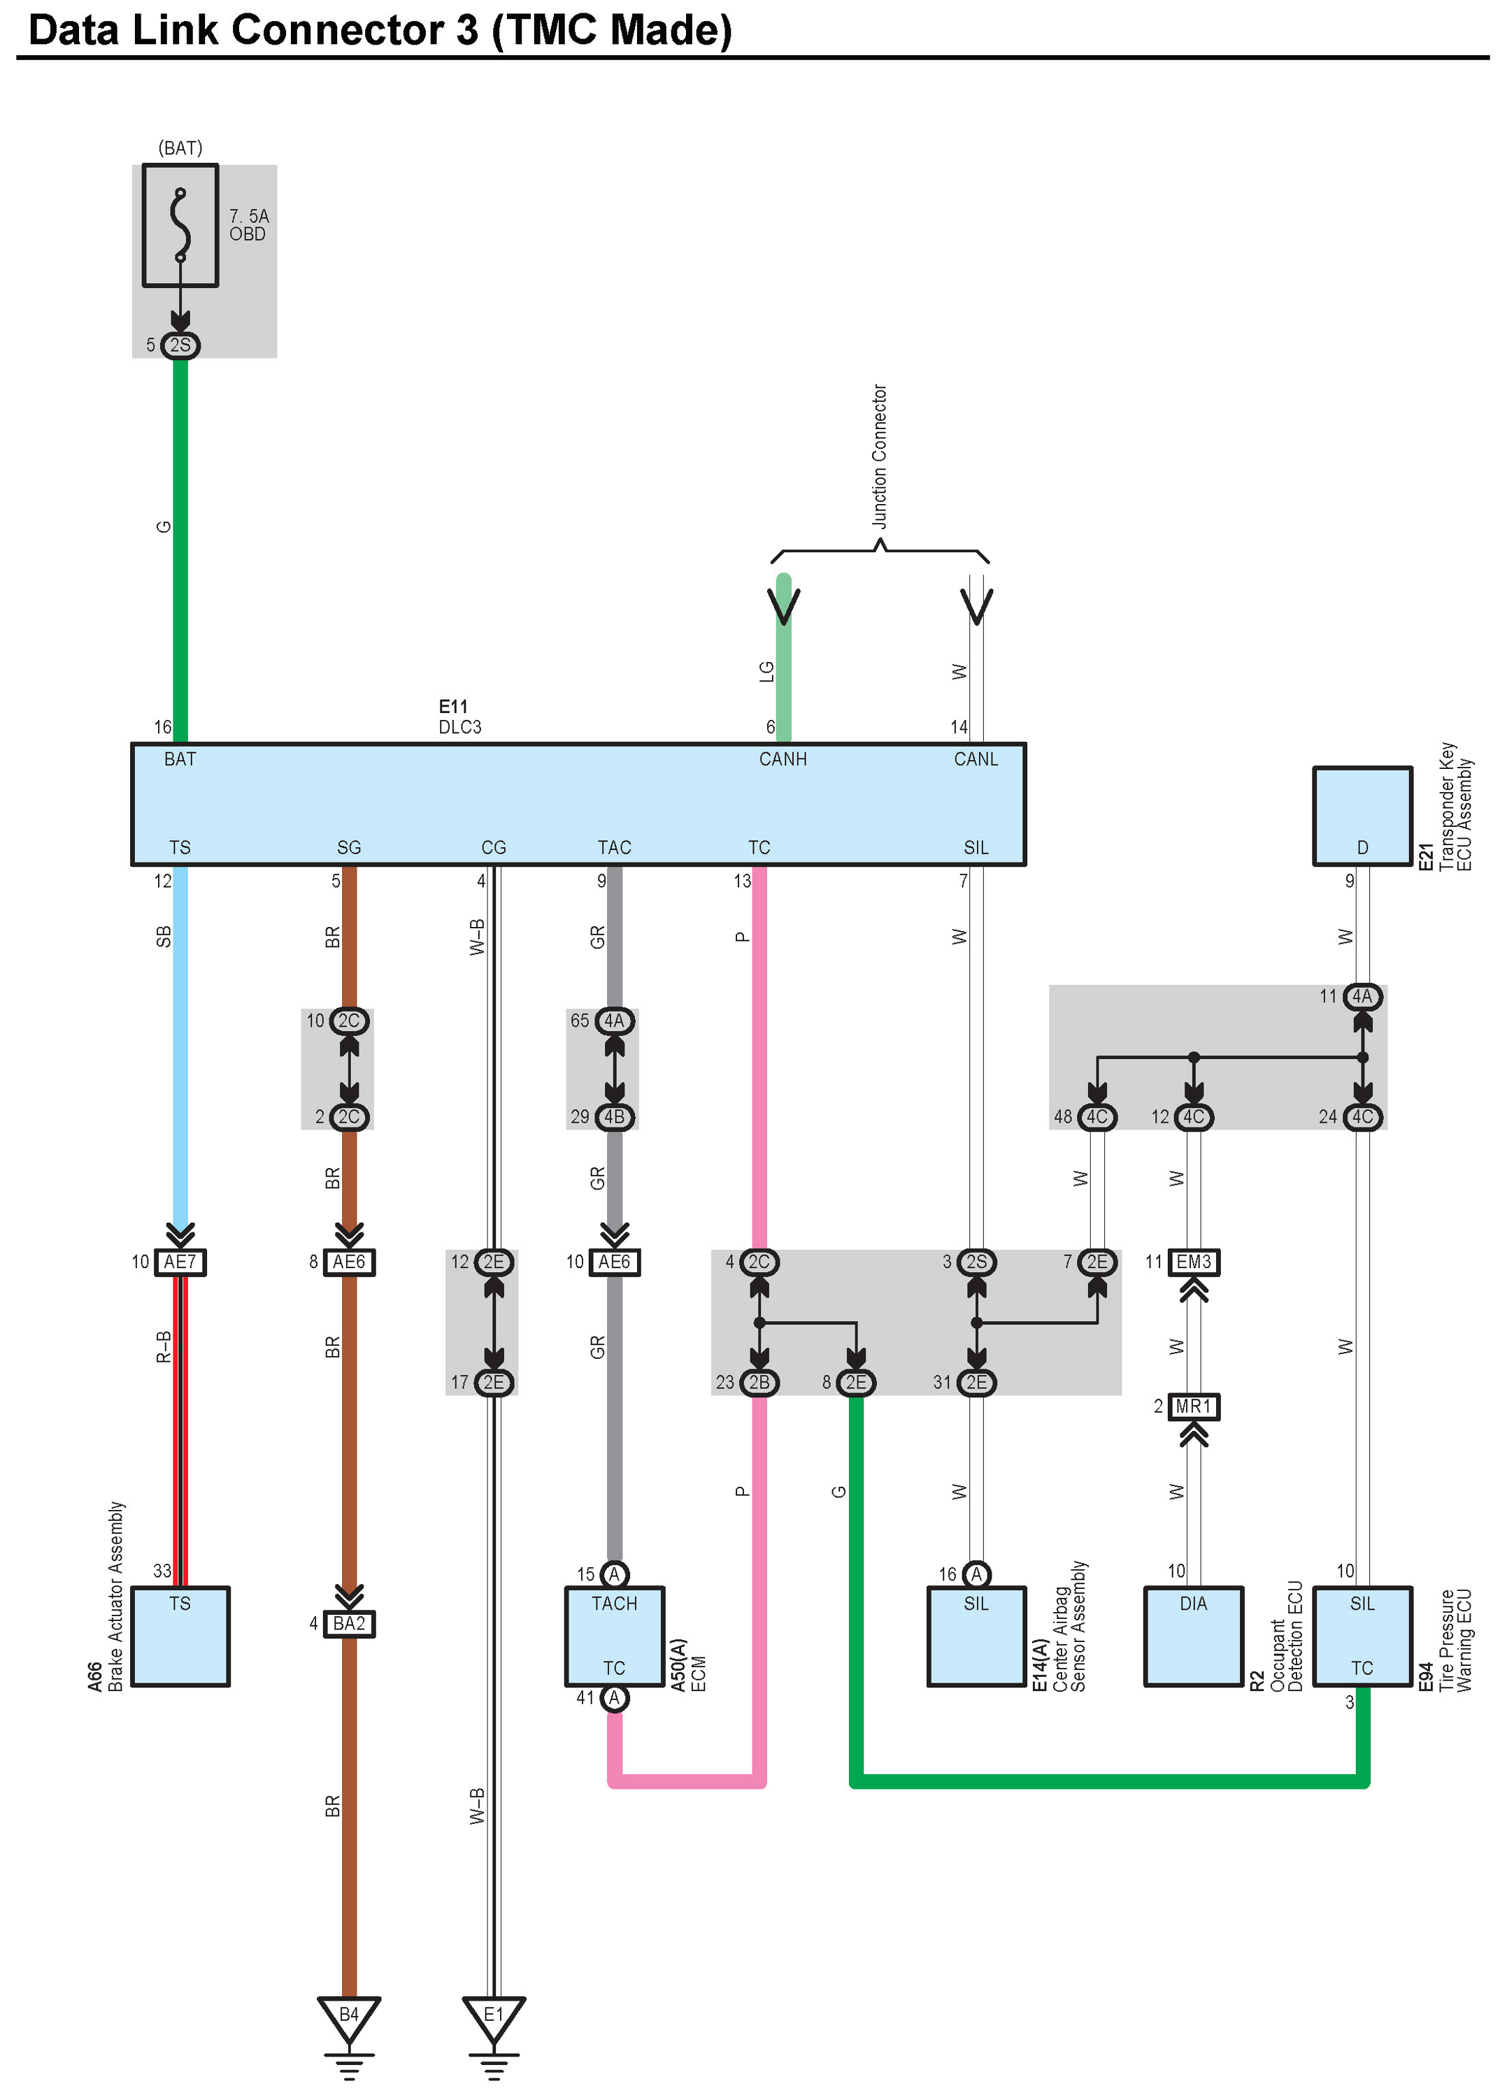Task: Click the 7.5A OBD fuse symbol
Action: point(180,225)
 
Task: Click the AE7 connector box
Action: point(180,1262)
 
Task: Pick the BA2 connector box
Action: point(348,1624)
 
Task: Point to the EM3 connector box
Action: point(1193,1262)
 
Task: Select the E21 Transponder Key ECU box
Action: point(1362,816)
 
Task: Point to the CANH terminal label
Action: point(783,759)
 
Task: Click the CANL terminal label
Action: point(976,759)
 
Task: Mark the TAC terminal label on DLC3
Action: point(615,848)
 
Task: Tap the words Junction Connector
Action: point(880,456)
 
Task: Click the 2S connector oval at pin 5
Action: point(180,345)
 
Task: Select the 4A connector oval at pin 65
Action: point(615,1021)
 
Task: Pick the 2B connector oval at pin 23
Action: point(759,1383)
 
